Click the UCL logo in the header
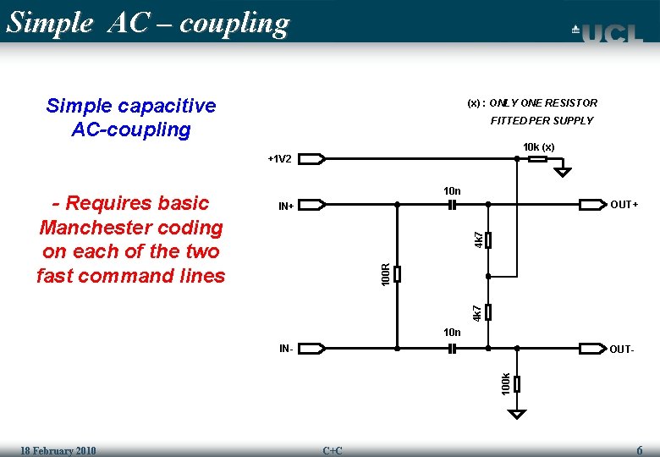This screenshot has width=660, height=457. [x=607, y=33]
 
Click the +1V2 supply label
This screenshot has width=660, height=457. [x=279, y=159]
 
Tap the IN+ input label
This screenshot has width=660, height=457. [x=286, y=206]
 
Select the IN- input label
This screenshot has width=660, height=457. [x=287, y=348]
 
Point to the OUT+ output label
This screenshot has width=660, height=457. [x=624, y=205]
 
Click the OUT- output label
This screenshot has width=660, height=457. [x=621, y=349]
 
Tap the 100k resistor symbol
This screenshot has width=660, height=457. [x=517, y=383]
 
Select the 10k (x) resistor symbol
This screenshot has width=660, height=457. [x=536, y=158]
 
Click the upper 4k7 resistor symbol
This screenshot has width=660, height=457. [x=488, y=240]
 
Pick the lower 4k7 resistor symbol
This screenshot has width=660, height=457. [x=488, y=311]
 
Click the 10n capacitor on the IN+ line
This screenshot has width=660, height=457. [x=452, y=205]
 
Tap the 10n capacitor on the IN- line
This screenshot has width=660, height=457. [x=452, y=348]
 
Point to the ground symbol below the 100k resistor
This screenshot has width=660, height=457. [x=517, y=414]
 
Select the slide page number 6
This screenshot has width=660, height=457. [x=640, y=449]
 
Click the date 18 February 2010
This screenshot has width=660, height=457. [x=58, y=450]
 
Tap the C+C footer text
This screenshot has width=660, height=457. [x=333, y=450]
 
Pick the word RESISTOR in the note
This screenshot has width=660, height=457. [x=572, y=103]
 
